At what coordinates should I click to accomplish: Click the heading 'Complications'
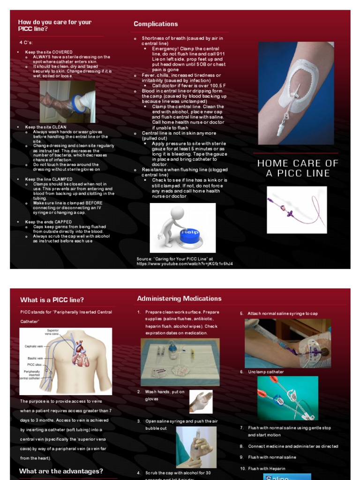tap(156, 24)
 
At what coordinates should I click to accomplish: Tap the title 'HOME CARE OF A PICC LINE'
tap(298, 168)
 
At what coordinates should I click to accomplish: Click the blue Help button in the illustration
tap(190, 234)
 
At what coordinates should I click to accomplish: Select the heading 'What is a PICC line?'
tap(52, 300)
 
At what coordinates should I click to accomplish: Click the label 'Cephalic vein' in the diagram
tap(34, 346)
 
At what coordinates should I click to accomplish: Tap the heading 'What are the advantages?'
tap(61, 471)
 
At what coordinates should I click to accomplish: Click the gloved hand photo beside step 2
tap(201, 402)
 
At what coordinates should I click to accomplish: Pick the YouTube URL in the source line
tap(184, 264)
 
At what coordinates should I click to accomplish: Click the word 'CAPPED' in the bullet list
tap(62, 222)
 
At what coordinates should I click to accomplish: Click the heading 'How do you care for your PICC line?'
tap(54, 25)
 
